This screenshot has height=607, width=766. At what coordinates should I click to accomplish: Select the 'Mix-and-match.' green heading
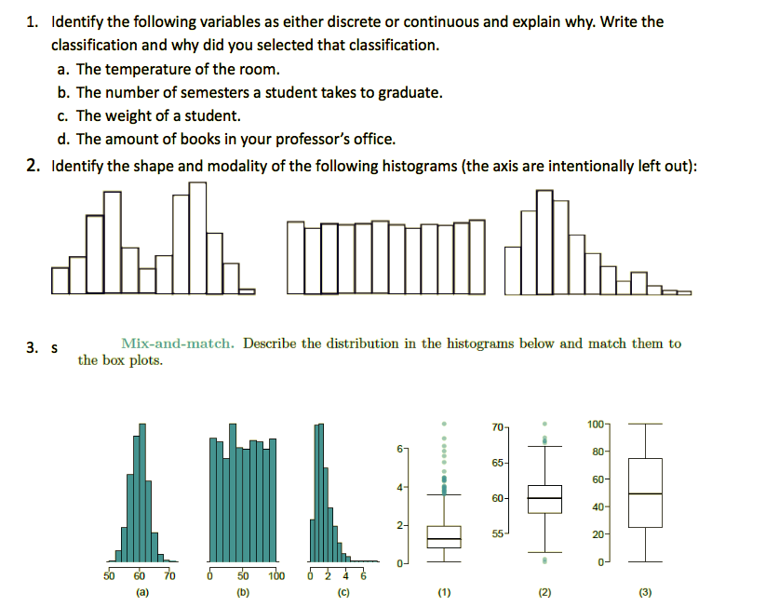[x=179, y=344]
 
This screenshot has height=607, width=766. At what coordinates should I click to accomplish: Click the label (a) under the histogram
[x=141, y=591]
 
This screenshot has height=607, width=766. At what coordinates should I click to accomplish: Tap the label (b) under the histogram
[x=243, y=591]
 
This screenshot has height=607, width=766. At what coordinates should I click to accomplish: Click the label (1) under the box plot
[x=444, y=591]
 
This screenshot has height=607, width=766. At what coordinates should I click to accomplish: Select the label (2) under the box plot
[x=544, y=591]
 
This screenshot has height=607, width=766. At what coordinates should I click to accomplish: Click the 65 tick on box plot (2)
[x=498, y=463]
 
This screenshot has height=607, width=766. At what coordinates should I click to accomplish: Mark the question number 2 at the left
[x=32, y=166]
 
